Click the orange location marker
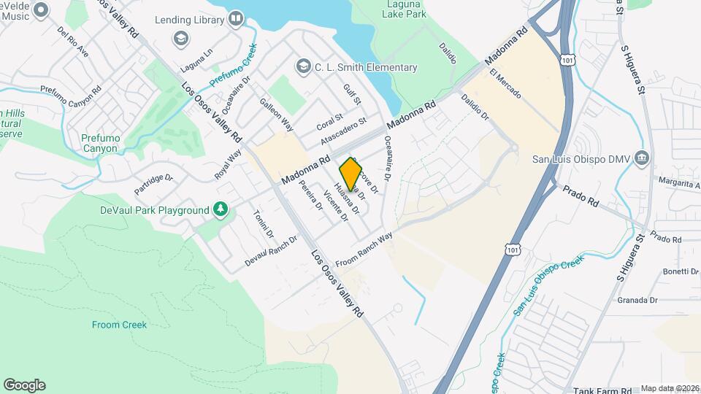(x=350, y=174)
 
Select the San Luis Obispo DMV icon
(x=642, y=158)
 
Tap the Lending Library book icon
(x=235, y=18)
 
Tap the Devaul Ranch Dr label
(x=272, y=250)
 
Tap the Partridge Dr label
(x=153, y=183)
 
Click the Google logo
(x=24, y=385)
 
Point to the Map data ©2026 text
(x=670, y=389)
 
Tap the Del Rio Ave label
(x=72, y=42)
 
